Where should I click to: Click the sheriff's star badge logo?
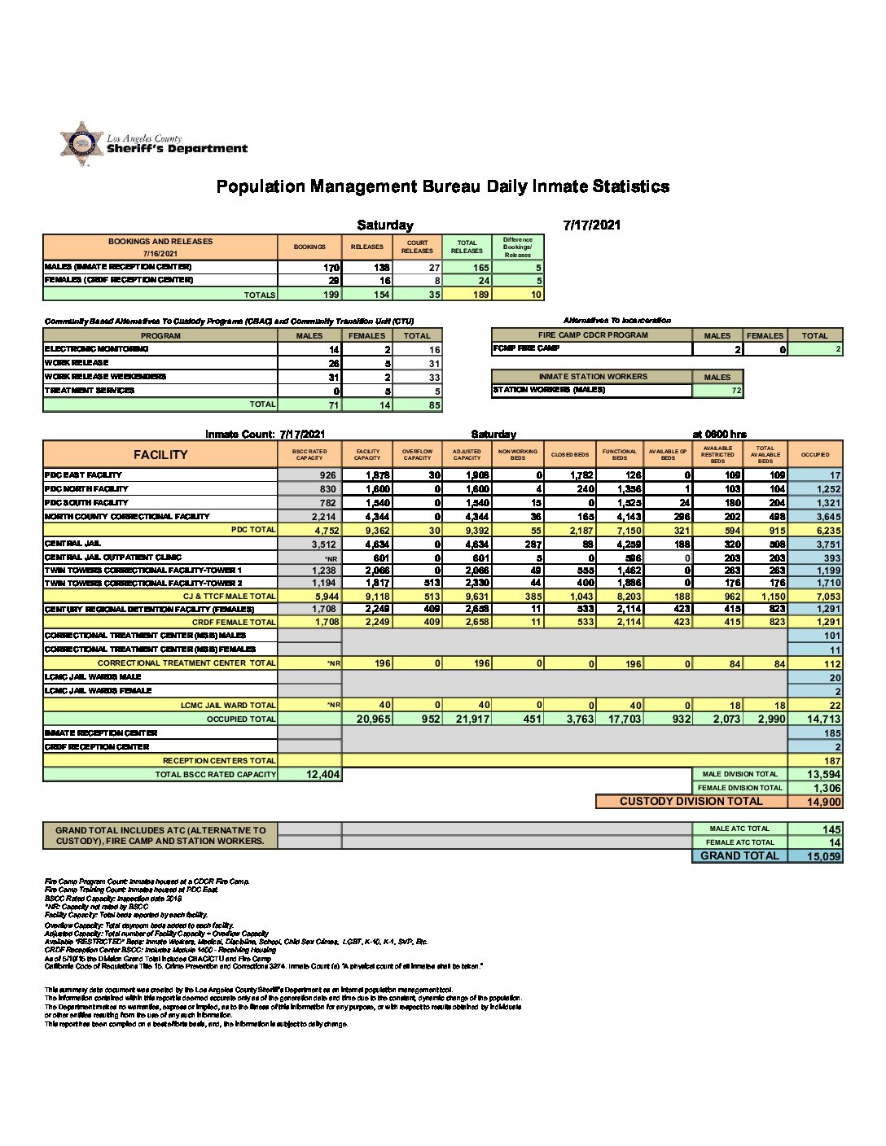(81, 144)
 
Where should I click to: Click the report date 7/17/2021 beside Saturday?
(591, 225)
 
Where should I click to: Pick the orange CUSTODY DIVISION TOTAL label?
(691, 802)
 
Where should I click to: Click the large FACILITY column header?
(160, 454)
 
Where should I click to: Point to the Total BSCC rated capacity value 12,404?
(322, 774)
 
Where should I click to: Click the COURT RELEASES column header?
(417, 247)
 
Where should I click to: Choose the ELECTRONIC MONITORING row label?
(96, 348)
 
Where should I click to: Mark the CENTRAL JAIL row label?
(72, 543)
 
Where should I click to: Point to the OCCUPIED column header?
(815, 454)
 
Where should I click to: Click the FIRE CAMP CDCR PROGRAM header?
(592, 335)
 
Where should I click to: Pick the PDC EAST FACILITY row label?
(83, 475)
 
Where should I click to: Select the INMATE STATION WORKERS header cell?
(592, 376)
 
